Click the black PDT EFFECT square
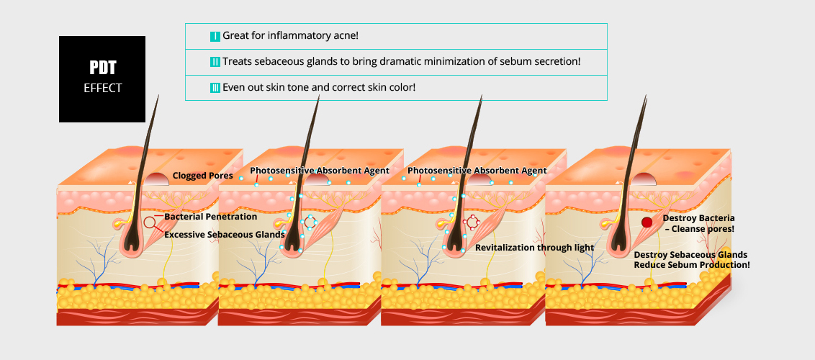click(x=102, y=79)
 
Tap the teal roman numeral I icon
click(x=215, y=37)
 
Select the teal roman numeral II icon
click(x=215, y=62)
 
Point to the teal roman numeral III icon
click(x=215, y=88)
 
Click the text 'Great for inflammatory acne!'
click(x=291, y=36)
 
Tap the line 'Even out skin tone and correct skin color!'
click(x=319, y=87)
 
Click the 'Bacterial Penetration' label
click(x=210, y=217)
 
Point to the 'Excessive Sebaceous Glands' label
click(x=225, y=235)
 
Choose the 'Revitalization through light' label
click(x=534, y=248)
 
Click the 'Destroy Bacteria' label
click(x=698, y=218)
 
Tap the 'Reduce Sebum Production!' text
click(x=692, y=265)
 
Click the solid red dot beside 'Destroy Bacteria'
click(x=647, y=222)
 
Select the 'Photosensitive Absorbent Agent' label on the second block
click(x=320, y=171)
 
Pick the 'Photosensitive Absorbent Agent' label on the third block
click(x=477, y=171)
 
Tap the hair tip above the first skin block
click(x=158, y=96)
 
